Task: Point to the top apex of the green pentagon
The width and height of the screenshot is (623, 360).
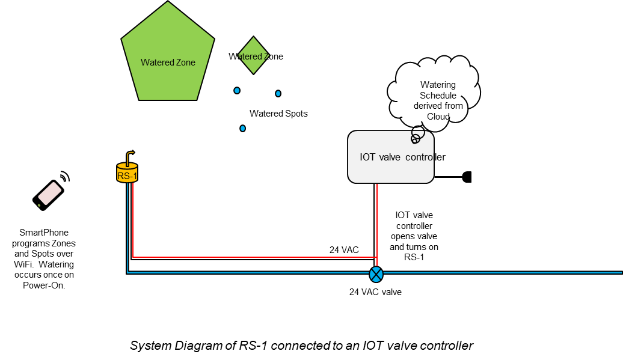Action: coord(168,3)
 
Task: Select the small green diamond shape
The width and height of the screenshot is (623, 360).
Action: coord(253,55)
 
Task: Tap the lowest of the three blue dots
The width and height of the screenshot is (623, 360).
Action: coord(242,128)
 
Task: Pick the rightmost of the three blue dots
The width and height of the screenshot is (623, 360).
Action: coord(278,93)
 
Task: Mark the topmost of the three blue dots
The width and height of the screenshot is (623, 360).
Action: coord(237,90)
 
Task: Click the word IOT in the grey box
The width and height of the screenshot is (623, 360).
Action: coord(367,157)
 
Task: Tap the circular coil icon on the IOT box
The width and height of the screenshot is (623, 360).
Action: coord(416,138)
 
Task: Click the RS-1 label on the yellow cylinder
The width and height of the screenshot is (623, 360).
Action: coord(127,176)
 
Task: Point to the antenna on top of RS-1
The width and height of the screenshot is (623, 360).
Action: coord(129,157)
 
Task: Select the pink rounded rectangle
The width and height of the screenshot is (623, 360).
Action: coord(50,194)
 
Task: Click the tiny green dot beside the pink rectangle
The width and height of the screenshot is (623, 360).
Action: coord(39,205)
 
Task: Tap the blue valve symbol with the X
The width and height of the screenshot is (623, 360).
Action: coord(376,274)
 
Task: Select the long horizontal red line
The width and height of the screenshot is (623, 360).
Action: coord(253,257)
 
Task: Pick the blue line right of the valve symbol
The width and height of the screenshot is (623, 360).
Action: coord(499,272)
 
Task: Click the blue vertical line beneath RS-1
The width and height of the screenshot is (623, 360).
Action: coord(127,228)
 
